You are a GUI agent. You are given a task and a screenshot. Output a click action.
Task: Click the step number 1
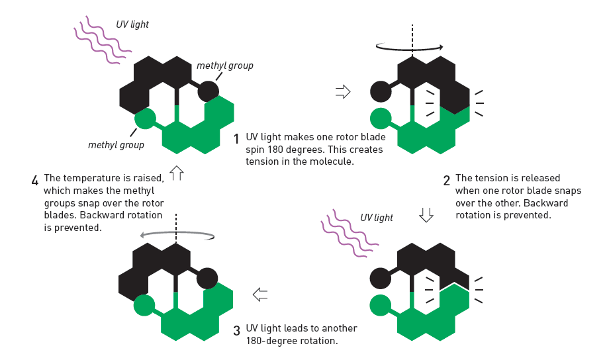[236, 139]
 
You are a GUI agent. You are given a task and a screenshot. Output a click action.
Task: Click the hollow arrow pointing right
[343, 91]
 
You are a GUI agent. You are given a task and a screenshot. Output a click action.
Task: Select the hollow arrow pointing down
[426, 214]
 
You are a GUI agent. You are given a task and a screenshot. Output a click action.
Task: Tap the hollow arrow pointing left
[260, 294]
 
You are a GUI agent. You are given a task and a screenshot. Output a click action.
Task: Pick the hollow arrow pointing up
[176, 173]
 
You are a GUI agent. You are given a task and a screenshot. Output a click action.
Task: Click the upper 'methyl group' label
[225, 66]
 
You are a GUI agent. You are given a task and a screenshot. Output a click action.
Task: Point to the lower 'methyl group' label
[116, 144]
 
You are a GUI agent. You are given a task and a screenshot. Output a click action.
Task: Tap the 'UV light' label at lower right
[377, 218]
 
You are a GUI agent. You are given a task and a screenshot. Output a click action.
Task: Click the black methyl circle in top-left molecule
[208, 91]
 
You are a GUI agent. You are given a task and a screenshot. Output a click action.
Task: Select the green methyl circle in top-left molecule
[145, 119]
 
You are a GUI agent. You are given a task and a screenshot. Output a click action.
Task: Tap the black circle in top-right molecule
[381, 91]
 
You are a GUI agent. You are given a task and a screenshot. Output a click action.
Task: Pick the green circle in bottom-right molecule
[381, 304]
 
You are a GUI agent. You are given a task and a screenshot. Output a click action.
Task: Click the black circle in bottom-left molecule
[207, 279]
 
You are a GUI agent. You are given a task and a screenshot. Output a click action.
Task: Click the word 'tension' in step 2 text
[488, 179]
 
